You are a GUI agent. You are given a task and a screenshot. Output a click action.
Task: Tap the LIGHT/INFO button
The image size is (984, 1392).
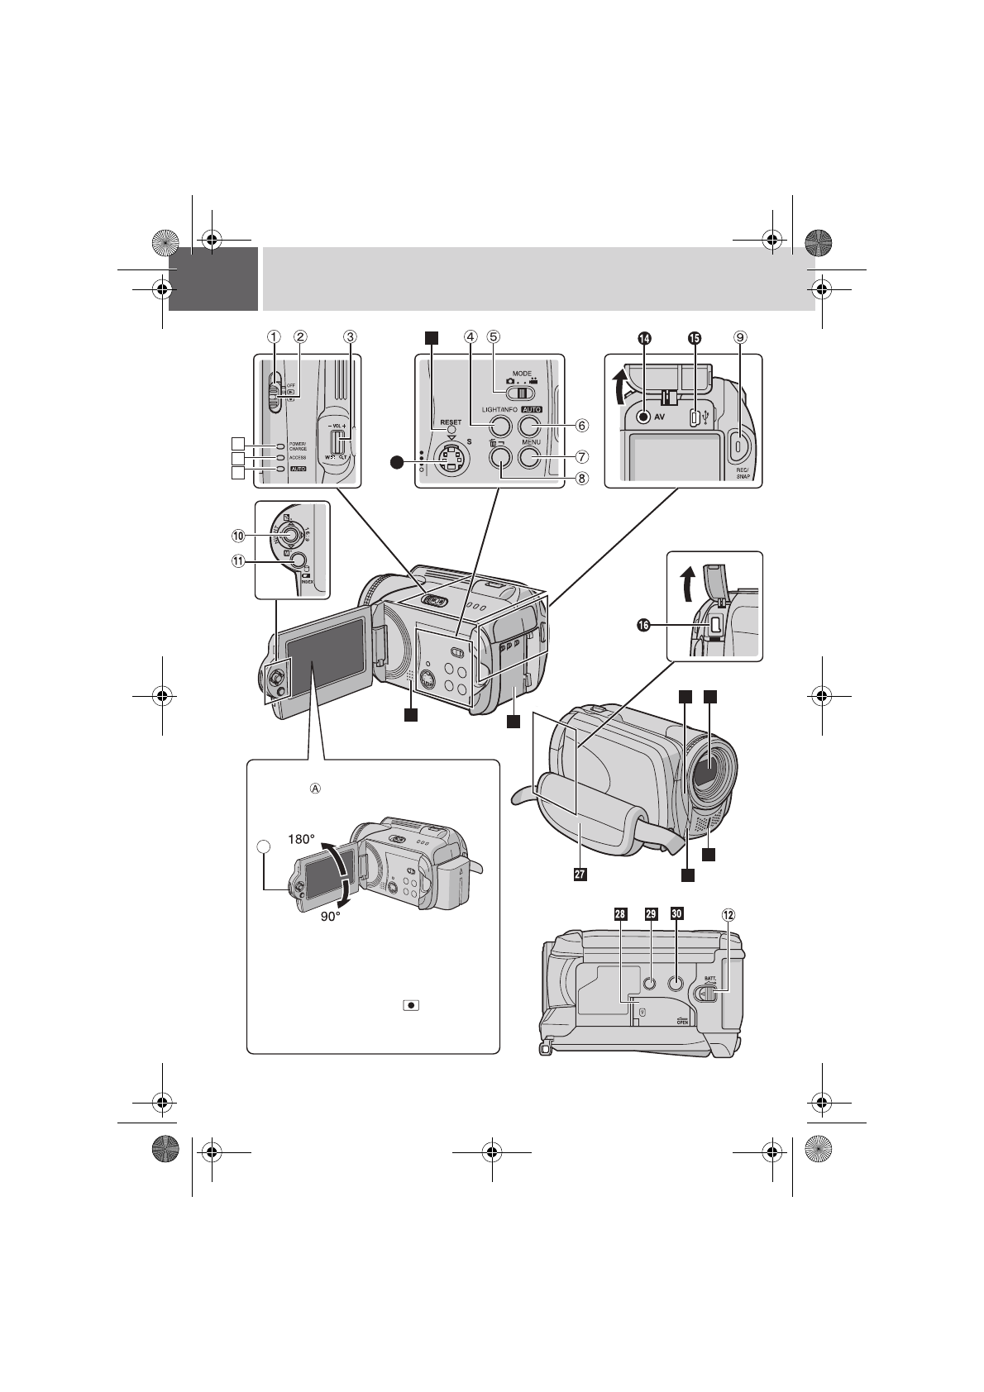[499, 426]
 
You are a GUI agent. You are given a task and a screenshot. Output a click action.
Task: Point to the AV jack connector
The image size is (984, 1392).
[644, 417]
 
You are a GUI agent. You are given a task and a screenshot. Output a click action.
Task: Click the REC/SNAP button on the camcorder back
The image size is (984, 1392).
[738, 446]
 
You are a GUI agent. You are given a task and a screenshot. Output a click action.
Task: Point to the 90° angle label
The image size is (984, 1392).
[336, 915]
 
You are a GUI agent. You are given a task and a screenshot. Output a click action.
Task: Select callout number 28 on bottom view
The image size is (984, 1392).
[620, 914]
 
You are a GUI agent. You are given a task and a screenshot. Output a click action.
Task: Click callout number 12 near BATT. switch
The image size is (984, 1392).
[728, 915]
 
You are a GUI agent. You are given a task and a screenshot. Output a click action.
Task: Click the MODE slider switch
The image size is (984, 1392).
[517, 393]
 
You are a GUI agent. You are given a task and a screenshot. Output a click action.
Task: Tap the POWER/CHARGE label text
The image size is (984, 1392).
[298, 446]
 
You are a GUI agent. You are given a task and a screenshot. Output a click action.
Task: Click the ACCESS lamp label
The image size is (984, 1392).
[298, 457]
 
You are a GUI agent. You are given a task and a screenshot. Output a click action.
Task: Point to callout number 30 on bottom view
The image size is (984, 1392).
[676, 914]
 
